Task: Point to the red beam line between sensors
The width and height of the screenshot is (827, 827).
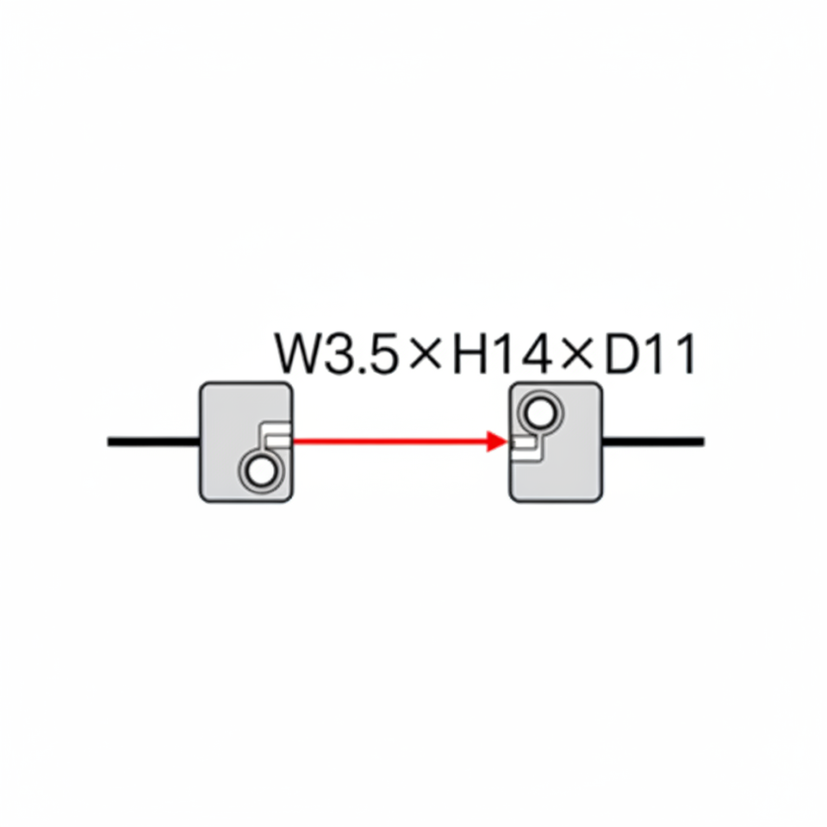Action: (388, 441)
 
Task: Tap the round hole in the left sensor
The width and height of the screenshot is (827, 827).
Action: (258, 472)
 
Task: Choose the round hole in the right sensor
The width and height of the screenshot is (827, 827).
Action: (541, 414)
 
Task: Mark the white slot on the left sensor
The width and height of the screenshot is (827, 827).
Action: (277, 440)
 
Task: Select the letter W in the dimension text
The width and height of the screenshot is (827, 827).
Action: (298, 354)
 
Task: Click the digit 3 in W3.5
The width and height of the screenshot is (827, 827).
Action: (339, 355)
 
